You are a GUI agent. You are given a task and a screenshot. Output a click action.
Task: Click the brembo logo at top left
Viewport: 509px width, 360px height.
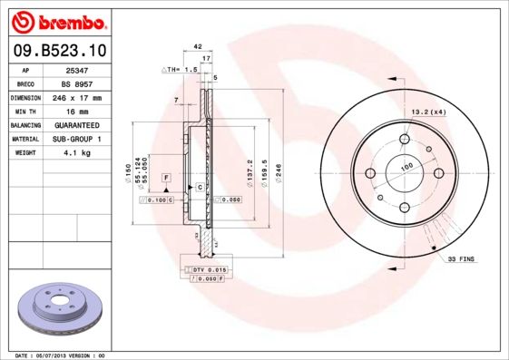[59, 20]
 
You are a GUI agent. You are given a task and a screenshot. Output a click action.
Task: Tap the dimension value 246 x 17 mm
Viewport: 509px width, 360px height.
[78, 97]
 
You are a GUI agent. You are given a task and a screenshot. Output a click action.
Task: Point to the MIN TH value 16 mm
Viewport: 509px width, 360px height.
[78, 111]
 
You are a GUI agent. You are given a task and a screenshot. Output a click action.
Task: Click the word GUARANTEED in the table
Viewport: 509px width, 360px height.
[78, 125]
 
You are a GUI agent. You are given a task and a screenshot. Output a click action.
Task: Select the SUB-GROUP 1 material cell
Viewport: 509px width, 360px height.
[78, 139]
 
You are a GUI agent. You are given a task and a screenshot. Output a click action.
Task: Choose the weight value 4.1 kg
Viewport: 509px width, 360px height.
[78, 153]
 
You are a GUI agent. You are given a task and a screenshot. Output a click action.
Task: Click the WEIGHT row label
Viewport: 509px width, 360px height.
[24, 153]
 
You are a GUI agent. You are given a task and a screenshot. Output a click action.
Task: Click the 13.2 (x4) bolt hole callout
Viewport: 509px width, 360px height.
[430, 112]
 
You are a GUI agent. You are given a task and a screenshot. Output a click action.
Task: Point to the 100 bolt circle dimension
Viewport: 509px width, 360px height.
[406, 167]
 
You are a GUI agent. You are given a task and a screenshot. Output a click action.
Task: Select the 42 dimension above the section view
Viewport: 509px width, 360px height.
[196, 45]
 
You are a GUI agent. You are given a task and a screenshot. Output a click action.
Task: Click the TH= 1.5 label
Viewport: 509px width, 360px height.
[181, 69]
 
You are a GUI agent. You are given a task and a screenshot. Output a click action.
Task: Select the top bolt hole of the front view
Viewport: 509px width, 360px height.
[406, 140]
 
